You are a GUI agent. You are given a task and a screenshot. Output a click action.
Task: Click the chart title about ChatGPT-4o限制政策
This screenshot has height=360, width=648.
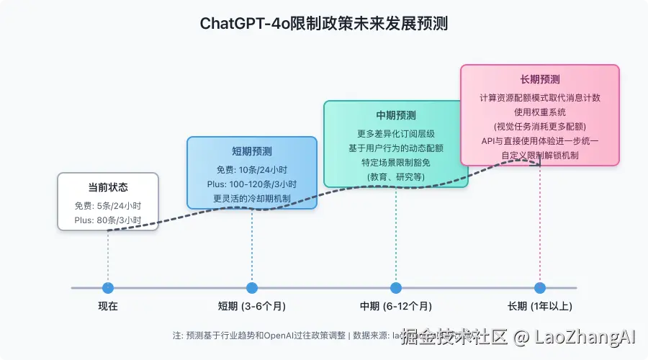coord(323,23)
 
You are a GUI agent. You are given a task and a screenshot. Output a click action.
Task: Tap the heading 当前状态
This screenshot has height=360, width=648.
coord(108,187)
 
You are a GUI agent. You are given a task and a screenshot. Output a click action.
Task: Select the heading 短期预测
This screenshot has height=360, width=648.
coord(252,151)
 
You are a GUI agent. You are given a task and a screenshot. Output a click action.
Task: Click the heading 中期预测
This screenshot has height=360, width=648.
coord(396,115)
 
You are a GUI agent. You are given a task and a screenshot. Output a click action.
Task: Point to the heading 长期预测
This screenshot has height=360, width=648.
coord(540,79)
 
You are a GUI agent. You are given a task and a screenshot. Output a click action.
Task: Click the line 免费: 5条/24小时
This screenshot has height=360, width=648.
coord(108,204)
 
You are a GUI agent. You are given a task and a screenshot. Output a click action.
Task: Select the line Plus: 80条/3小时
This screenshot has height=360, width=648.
coord(108,220)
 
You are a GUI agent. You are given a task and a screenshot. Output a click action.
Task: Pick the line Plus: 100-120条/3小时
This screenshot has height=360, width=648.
coord(252,184)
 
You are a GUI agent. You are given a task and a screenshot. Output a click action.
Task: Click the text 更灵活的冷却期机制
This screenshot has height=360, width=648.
coord(252,199)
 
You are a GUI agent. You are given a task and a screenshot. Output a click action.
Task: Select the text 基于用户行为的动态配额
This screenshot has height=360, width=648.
coord(396,148)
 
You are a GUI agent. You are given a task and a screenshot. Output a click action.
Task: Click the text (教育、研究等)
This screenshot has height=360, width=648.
coord(396,176)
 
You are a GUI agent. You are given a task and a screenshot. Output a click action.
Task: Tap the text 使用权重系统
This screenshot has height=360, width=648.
coord(540,112)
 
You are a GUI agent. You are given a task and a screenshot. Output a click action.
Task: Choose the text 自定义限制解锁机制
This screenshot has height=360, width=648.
coord(540,155)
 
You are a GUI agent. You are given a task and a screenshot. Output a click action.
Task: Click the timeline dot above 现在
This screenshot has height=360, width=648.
coord(108,288)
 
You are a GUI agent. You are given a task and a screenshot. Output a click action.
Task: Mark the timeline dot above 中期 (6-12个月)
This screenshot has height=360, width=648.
coord(396,288)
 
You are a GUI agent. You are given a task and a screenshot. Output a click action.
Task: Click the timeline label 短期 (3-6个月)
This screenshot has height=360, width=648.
coord(252,306)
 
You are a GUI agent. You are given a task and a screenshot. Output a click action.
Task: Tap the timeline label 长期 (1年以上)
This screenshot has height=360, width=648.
coord(540,306)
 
